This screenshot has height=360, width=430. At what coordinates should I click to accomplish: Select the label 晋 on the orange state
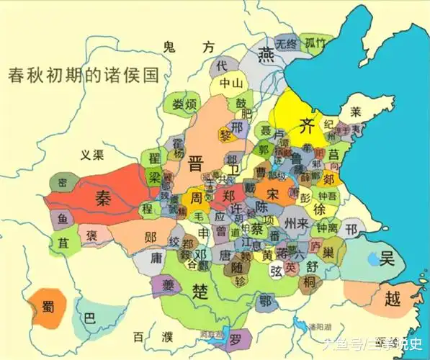pos(195,161)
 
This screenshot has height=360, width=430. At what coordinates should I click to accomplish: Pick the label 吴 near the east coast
pos(390,258)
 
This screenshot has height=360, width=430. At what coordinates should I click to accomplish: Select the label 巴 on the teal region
pos(89,318)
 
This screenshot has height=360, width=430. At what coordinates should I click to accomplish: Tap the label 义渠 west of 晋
pos(93,154)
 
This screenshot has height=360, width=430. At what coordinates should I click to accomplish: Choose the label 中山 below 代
pos(231,83)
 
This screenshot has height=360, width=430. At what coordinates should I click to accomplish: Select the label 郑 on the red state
pos(229,195)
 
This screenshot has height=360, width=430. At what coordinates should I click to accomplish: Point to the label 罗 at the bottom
pos(236,337)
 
